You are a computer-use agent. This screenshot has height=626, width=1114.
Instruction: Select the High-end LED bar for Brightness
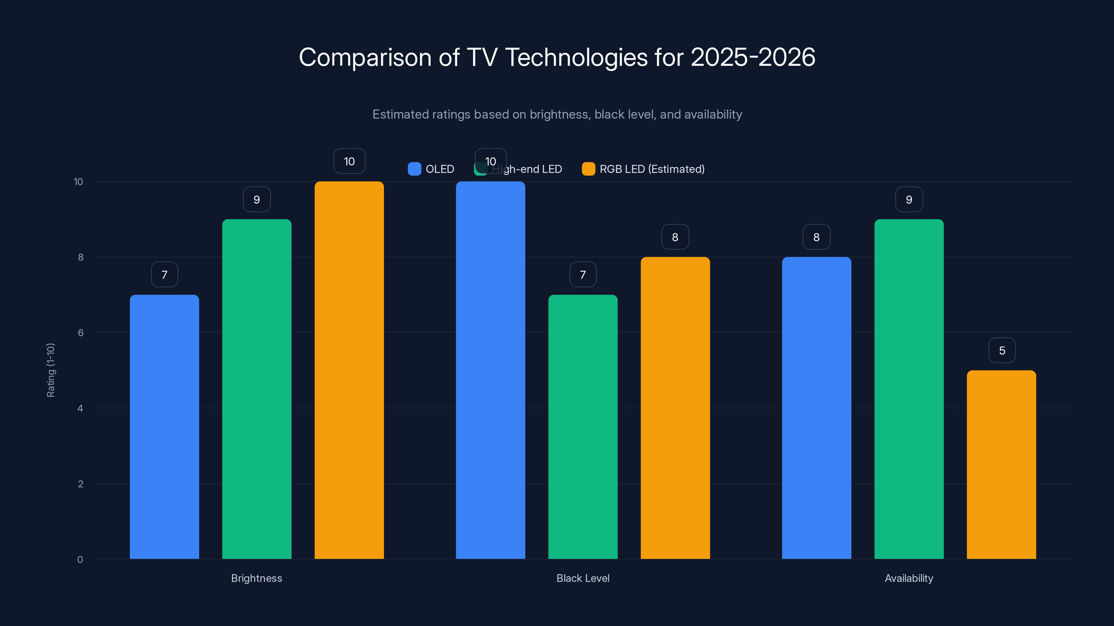coord(257,389)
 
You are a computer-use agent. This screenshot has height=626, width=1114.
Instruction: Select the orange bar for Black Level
coord(675,408)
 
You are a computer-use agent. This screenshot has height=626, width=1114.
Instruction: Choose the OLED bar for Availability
coord(816,408)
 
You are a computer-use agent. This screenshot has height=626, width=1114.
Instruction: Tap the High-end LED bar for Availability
coord(909,389)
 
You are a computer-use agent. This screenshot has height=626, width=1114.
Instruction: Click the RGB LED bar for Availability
coord(1001,464)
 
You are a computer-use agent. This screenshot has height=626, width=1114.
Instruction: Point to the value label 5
coord(1002,350)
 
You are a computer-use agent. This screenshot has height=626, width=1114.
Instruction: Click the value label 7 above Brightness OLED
coord(164,275)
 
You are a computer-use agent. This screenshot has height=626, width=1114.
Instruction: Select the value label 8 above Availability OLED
coord(816,237)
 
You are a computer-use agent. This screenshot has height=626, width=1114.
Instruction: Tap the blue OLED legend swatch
coord(414,169)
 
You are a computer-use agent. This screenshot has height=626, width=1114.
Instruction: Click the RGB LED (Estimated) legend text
coord(652,169)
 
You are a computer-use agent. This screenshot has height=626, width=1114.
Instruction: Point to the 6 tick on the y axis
coord(80,333)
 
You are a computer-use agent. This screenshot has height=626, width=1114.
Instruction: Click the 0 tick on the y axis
coord(80,560)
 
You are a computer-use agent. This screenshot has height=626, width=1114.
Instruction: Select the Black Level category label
coord(582,578)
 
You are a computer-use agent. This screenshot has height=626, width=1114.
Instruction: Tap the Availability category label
coord(909,578)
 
